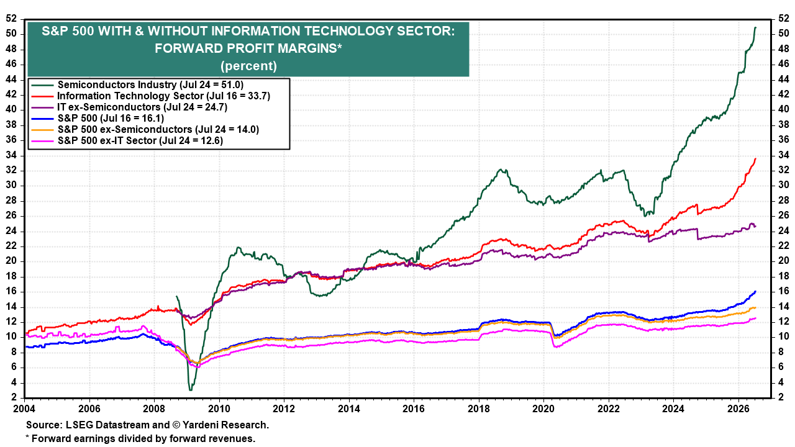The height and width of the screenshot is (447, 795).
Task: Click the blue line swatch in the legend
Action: coord(42,119)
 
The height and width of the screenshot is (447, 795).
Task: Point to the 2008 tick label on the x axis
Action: coord(154,409)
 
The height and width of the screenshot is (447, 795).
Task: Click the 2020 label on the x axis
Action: coord(543,409)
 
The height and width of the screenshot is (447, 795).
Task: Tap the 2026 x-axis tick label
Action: coord(738,409)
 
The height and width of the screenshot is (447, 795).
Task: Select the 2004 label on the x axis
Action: coord(24,409)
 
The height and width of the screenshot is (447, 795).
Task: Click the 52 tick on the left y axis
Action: coord(11,19)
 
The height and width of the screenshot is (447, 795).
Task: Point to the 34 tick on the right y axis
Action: coord(784,155)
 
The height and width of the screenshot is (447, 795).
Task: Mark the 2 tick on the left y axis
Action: coord(14,397)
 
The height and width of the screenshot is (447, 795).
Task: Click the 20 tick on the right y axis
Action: coord(784,261)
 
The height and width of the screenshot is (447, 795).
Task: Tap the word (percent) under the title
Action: coord(248,66)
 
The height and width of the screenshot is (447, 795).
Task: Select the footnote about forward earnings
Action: coord(140,439)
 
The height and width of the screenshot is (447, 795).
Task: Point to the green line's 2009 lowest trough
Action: coord(191,391)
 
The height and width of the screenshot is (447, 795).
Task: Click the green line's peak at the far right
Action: coord(755,27)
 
